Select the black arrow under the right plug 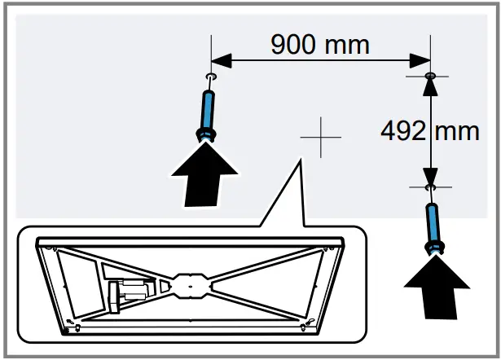tap(436, 286)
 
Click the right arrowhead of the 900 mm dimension tap(421, 59)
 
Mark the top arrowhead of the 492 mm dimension tap(430, 85)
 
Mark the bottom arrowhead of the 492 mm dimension tap(430, 178)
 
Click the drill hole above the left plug tap(211, 78)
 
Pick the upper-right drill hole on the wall tap(430, 76)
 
